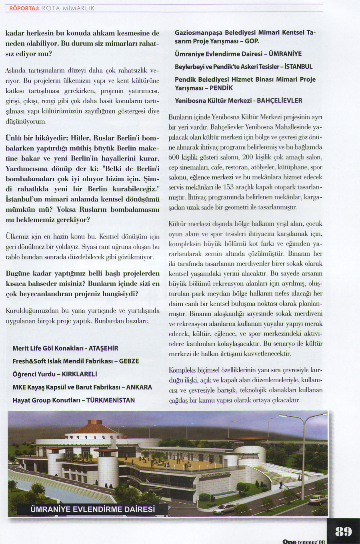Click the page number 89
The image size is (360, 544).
pos(343,531)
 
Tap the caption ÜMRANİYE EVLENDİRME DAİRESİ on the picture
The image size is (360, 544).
pos(93,509)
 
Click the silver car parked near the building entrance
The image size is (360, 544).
pos(224,508)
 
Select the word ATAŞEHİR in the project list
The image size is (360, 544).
pos(103,348)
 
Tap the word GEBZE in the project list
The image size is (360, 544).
pos(129,361)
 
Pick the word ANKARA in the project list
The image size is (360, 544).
pos(139,387)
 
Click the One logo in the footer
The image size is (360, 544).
pos(289,541)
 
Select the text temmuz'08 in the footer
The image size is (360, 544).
pos(312,542)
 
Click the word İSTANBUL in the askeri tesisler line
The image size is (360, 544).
pos(298,66)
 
